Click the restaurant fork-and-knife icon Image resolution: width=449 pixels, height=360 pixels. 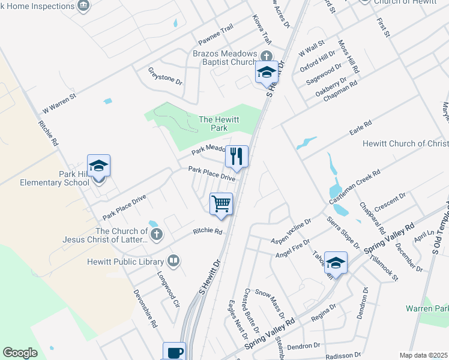click(237, 157)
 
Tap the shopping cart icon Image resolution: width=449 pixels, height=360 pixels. click(221, 203)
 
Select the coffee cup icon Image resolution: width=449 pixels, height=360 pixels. click(174, 352)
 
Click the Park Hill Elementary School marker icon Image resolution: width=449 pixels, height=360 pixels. click(98, 166)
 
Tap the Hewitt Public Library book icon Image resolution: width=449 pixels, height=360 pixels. click(173, 260)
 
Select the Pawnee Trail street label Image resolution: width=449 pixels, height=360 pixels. click(215, 45)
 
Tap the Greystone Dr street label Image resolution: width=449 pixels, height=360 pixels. click(166, 76)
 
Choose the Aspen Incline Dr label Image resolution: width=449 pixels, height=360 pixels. click(292, 230)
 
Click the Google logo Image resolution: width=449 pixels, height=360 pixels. click(20, 353)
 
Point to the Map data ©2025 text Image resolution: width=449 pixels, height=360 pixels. click(423, 355)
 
